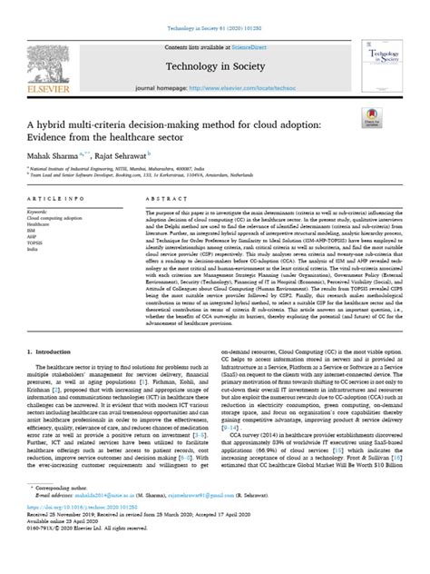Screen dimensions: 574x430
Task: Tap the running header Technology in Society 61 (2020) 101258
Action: (x=215, y=8)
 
